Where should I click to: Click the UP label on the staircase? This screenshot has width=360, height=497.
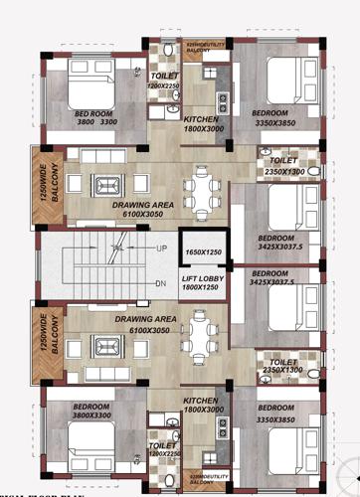[x=161, y=248]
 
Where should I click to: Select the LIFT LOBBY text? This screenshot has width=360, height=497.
[x=203, y=278]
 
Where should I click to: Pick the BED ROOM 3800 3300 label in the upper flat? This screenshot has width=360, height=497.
[x=96, y=118]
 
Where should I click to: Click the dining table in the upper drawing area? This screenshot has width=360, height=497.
[x=204, y=193]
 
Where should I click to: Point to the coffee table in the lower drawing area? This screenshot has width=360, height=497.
[x=104, y=345]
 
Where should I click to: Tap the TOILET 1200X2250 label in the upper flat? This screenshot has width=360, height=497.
[x=163, y=81]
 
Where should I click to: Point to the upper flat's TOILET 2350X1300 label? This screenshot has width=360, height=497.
[x=284, y=164]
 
